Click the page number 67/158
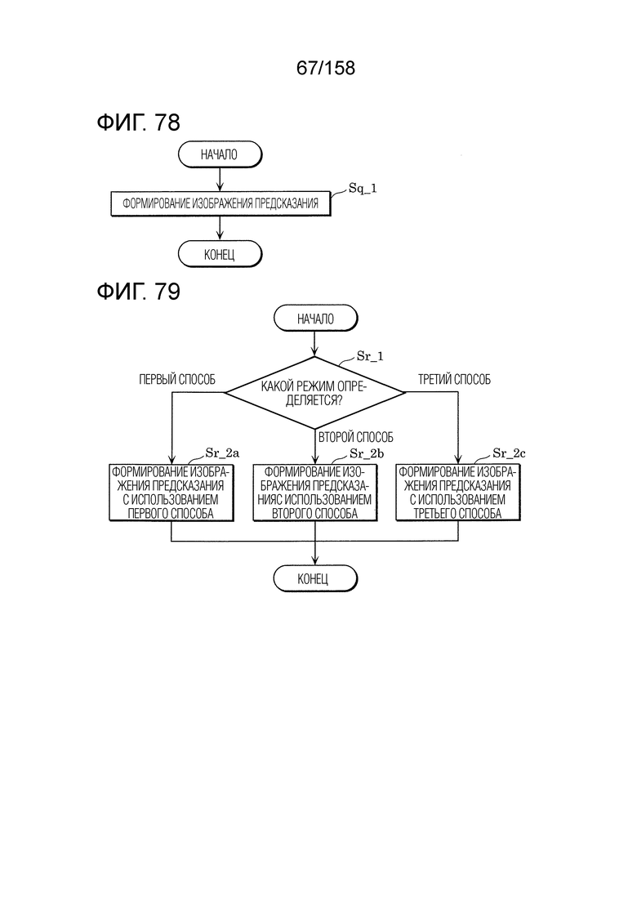click(x=326, y=68)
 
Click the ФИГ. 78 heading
click(x=139, y=123)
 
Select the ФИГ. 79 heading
click(x=139, y=292)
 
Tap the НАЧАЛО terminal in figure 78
click(x=220, y=154)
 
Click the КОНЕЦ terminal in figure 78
click(x=220, y=254)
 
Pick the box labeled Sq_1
click(x=220, y=204)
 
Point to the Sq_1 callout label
click(x=363, y=189)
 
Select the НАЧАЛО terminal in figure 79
click(x=315, y=319)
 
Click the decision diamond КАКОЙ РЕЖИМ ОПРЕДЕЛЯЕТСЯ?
click(x=314, y=392)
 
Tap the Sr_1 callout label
click(x=370, y=356)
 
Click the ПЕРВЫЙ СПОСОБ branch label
click(x=177, y=379)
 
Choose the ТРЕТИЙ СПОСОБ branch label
click(x=454, y=379)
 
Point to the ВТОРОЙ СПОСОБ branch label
click(x=356, y=437)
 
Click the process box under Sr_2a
click(x=171, y=493)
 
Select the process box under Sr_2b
click(x=315, y=493)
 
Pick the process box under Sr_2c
click(x=458, y=493)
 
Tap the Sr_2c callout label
click(x=509, y=453)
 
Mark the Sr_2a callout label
click(x=222, y=453)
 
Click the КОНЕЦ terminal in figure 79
click(x=315, y=578)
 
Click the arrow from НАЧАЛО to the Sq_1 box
click(x=220, y=180)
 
